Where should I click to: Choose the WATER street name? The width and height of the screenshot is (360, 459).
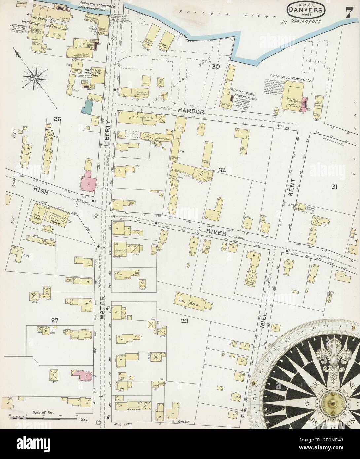pos(102,307)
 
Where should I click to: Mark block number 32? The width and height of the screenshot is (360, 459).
pos(222,170)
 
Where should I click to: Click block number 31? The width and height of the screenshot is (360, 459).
pos(334,187)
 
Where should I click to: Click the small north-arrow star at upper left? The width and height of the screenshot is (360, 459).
pos(35,77)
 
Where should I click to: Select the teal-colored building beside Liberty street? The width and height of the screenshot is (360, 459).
pos(88,108)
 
